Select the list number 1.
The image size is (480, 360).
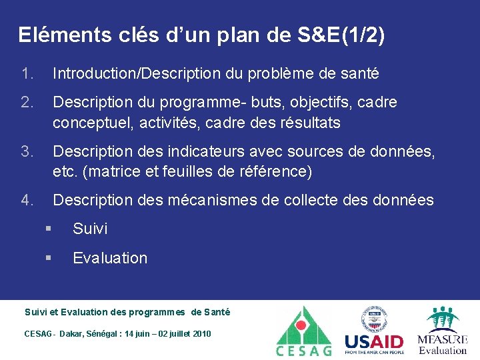coord(27,74)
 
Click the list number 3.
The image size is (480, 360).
coord(27,153)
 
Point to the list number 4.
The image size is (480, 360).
coord(27,200)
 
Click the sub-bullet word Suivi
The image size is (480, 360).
coord(90,229)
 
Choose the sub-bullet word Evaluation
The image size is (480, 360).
coord(110,258)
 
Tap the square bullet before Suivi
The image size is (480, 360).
coord(49,229)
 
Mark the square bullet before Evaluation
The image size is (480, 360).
coord(49,258)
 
